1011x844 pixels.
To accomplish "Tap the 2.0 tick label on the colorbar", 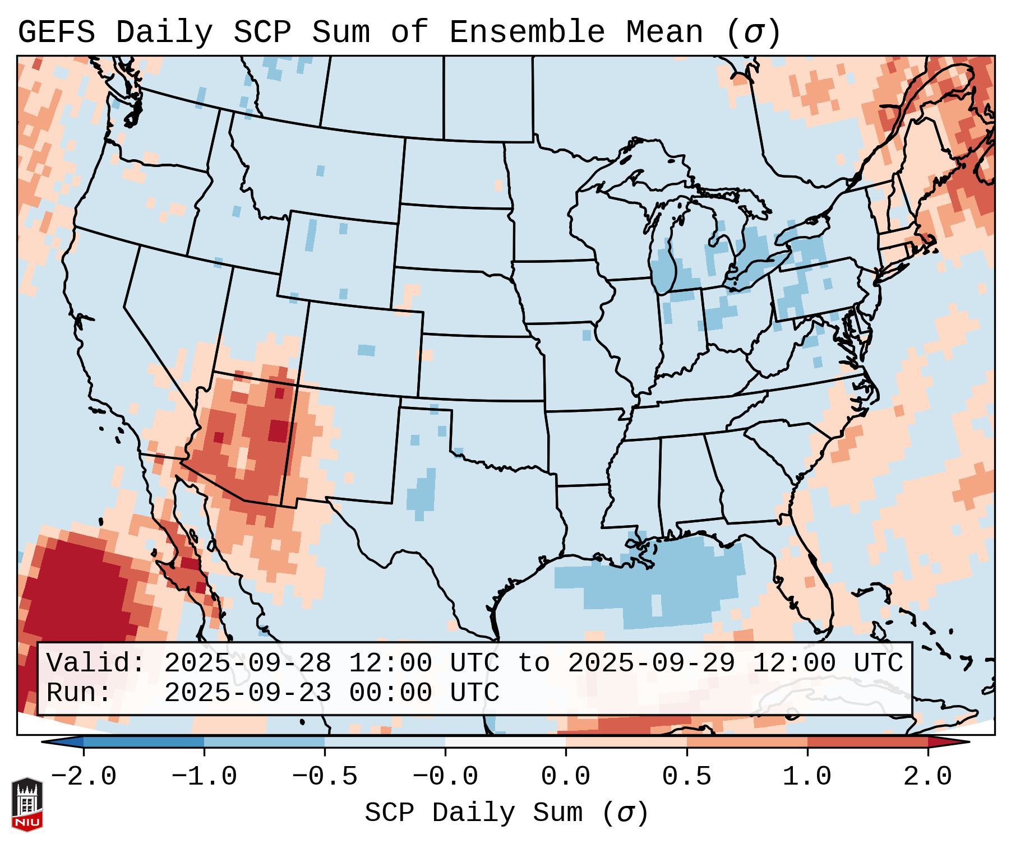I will tap(927, 777).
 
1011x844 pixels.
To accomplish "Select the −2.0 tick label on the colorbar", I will tap(84, 777).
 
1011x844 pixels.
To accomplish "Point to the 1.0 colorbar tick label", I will tap(807, 777).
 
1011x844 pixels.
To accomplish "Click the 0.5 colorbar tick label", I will tap(686, 777).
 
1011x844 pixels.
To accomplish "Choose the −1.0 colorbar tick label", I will tap(204, 777).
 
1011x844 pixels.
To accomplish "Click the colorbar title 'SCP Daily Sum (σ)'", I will tap(506, 813).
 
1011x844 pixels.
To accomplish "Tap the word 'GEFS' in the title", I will tap(57, 32).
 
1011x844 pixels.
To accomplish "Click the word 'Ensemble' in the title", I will tap(527, 32).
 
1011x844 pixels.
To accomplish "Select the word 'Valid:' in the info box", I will tap(95, 663).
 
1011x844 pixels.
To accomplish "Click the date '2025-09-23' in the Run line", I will tap(247, 693).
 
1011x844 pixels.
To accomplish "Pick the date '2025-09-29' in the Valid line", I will tap(651, 663).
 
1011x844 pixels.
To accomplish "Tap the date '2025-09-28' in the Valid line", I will tap(247, 663).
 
